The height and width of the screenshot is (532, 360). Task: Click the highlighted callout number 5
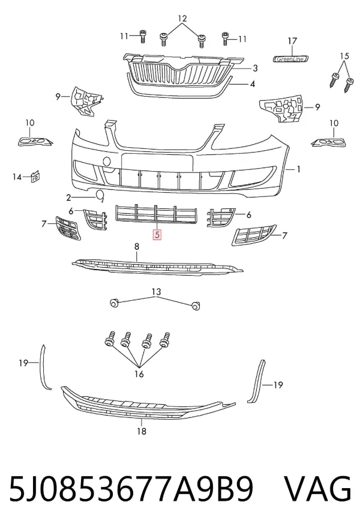tap(157, 234)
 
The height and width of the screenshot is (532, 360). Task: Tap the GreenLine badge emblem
tap(291, 59)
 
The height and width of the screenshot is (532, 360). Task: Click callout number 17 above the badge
tap(292, 41)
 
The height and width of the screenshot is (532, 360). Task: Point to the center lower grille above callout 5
tap(157, 214)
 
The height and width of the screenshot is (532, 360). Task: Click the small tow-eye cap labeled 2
tap(100, 195)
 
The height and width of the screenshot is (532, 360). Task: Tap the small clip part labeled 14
tap(35, 177)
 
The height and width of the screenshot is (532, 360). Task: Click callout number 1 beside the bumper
tap(298, 169)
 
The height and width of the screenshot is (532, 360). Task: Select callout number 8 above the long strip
tap(137, 247)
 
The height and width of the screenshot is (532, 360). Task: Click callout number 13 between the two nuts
tap(156, 292)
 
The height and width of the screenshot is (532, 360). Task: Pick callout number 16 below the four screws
tap(139, 374)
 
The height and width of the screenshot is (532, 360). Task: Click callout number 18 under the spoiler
tap(142, 431)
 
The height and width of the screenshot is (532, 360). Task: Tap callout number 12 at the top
tap(182, 19)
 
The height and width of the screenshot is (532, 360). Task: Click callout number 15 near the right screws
tap(344, 56)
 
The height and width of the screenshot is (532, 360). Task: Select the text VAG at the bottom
tap(317, 489)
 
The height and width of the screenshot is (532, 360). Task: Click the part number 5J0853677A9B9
tap(131, 489)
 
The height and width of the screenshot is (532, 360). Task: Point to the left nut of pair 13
tap(114, 302)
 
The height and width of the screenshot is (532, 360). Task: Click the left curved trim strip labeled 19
tap(45, 367)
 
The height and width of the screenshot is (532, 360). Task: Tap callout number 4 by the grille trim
tap(252, 84)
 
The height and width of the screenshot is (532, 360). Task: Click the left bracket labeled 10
tap(35, 141)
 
